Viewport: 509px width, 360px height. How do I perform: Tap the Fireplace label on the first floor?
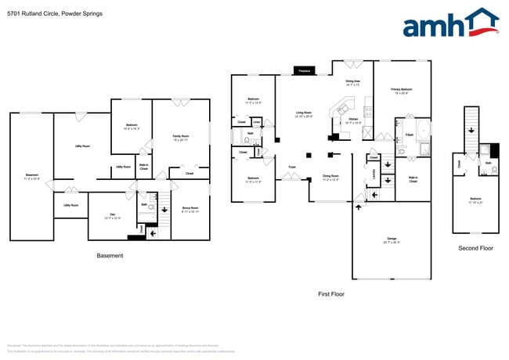(x=302, y=71)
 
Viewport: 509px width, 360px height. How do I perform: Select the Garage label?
(x=391, y=239)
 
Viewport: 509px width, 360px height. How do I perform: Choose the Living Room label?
(x=305, y=114)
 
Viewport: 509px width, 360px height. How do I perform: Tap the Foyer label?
(x=291, y=167)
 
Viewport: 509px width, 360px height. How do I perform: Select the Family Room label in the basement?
(x=180, y=138)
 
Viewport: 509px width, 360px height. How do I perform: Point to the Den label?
(x=113, y=215)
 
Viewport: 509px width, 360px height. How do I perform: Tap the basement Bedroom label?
(x=132, y=127)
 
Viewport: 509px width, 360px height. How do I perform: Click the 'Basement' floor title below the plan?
(x=110, y=256)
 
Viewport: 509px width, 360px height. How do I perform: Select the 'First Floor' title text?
(x=330, y=294)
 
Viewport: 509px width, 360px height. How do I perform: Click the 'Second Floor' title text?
(x=475, y=248)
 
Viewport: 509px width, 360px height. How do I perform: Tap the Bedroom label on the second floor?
(x=475, y=200)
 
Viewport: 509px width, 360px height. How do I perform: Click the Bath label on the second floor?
(x=488, y=163)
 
